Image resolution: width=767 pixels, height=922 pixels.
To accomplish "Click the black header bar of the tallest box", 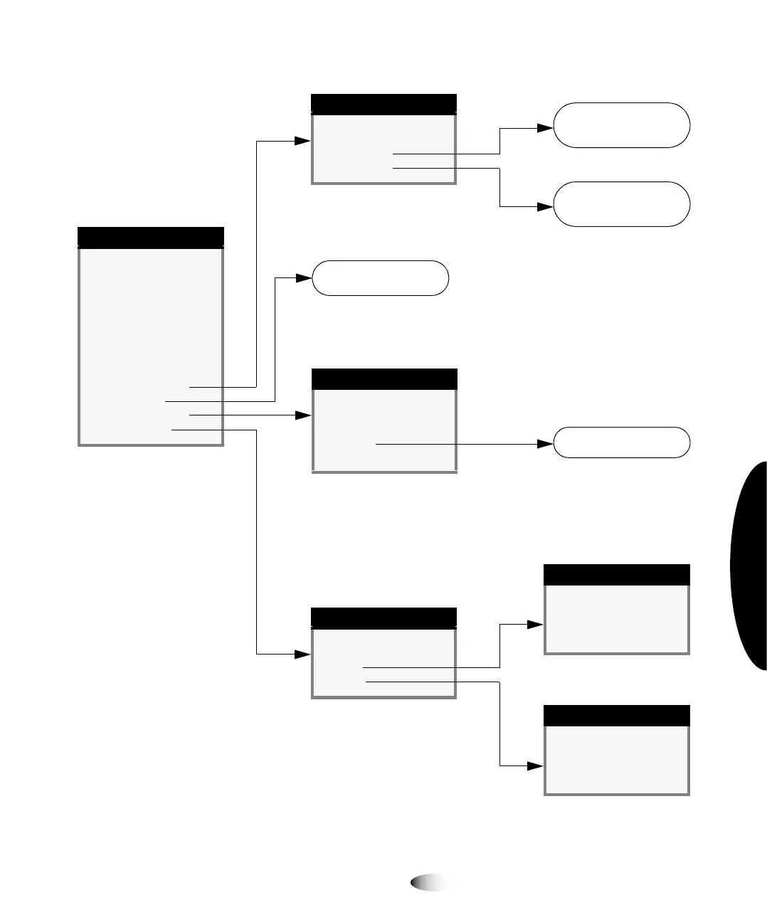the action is tap(150, 237).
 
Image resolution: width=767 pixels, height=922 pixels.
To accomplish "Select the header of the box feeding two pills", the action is tap(383, 104).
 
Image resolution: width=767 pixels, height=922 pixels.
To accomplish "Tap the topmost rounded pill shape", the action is tap(621, 125).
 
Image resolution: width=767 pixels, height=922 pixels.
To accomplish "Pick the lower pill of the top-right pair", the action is tap(621, 204).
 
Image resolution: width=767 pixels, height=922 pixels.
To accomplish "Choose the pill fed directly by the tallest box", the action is tap(381, 278).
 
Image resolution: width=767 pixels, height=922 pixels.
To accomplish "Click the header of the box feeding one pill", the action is tap(384, 379).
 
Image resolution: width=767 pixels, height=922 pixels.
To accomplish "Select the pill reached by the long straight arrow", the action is tap(621, 443).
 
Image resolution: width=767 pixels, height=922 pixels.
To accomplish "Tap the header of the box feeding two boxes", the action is tap(383, 618).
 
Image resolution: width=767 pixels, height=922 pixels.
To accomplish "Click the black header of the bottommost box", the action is tap(617, 716).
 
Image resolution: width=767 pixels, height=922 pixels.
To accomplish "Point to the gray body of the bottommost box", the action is tap(617, 759).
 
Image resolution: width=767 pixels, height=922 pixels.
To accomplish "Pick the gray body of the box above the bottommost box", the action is tap(617, 618).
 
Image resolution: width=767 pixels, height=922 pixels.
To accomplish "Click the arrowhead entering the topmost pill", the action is tap(545, 128).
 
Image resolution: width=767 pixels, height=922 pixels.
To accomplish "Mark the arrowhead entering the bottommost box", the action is tap(535, 766).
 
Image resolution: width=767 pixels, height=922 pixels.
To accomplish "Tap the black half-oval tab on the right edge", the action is tap(750, 566).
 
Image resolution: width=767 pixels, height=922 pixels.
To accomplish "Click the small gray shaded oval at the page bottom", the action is tap(432, 883).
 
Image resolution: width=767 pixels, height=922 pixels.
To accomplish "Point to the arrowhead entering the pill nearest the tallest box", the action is tap(304, 278).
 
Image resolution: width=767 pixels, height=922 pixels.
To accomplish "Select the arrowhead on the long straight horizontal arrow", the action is tap(545, 444).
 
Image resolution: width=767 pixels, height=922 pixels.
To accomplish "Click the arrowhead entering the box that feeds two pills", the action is tap(302, 141).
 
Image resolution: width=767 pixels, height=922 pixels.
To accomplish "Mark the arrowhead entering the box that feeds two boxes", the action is tap(302, 654).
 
